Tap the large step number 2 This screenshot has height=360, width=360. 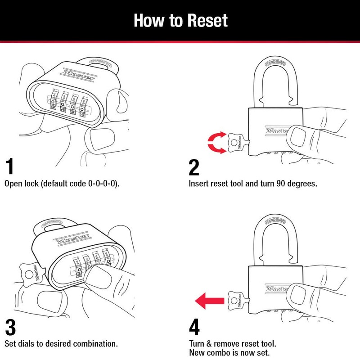[194, 167]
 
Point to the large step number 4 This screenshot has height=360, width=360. [194, 327]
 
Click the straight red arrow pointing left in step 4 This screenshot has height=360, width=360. [210, 298]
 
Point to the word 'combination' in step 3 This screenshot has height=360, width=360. [93, 344]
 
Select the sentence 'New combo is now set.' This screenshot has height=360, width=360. [229, 353]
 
